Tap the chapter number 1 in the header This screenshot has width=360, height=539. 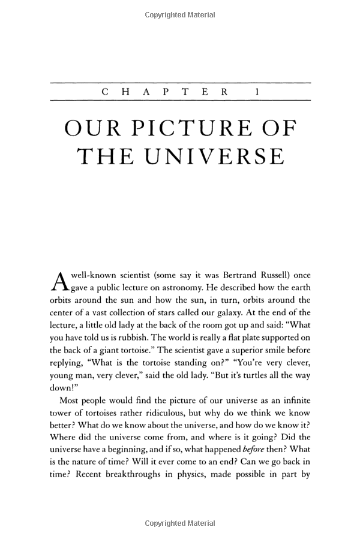[257, 92]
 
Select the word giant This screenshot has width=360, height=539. [122, 351]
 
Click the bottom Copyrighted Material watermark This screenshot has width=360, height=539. [180, 525]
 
